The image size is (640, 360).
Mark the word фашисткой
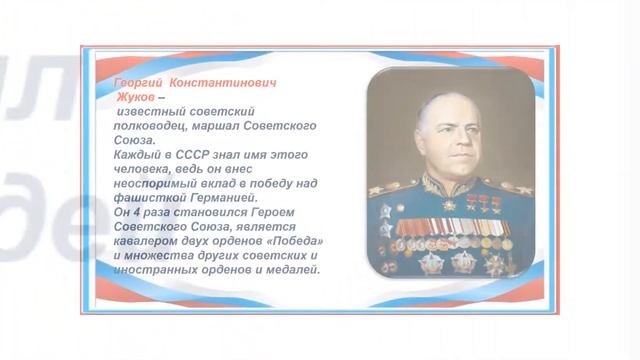148,198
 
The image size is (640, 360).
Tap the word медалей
289,269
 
